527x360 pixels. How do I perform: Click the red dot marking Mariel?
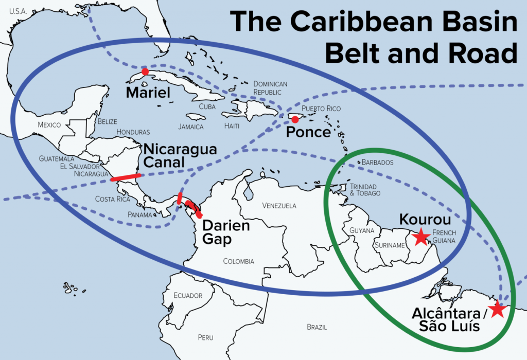tap(145, 71)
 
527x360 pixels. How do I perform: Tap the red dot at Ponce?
tap(295, 120)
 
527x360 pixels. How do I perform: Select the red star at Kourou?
tap(421, 236)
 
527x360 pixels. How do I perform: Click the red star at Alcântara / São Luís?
tap(497, 310)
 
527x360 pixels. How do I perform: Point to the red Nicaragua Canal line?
tap(126, 177)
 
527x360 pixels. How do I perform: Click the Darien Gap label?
tap(225, 232)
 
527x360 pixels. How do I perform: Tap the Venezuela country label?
tap(279, 206)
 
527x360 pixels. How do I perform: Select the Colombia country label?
tap(238, 261)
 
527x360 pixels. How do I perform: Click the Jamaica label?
tap(190, 127)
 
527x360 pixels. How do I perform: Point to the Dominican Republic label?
tap(270, 88)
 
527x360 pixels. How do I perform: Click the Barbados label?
tap(377, 163)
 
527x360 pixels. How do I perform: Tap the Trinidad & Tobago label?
tap(365, 190)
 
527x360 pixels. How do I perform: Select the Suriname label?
tap(390, 245)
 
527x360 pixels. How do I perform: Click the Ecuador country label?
tap(187, 295)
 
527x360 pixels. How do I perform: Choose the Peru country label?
tap(205, 337)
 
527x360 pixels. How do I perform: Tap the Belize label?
tap(107, 122)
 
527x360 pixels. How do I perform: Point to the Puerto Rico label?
tap(321, 109)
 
